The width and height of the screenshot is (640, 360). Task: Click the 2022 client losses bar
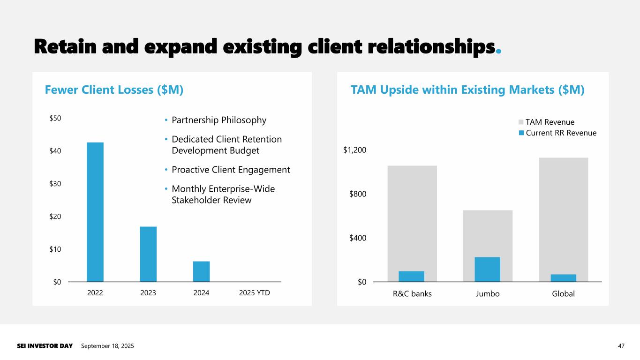(95, 212)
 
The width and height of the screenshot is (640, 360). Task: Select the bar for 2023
(148, 254)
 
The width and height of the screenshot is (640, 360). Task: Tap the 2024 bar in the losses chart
(201, 271)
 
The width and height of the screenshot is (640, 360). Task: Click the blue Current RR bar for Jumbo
(487, 270)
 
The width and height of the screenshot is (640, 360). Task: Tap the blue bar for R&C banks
(411, 277)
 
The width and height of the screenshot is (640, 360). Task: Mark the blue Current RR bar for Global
(563, 278)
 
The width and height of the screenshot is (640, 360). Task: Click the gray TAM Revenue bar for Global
(563, 216)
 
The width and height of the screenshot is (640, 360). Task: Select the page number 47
(621, 346)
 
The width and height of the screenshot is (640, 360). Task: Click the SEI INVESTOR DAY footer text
(45, 346)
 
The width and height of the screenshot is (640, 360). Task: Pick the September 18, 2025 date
(107, 346)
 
